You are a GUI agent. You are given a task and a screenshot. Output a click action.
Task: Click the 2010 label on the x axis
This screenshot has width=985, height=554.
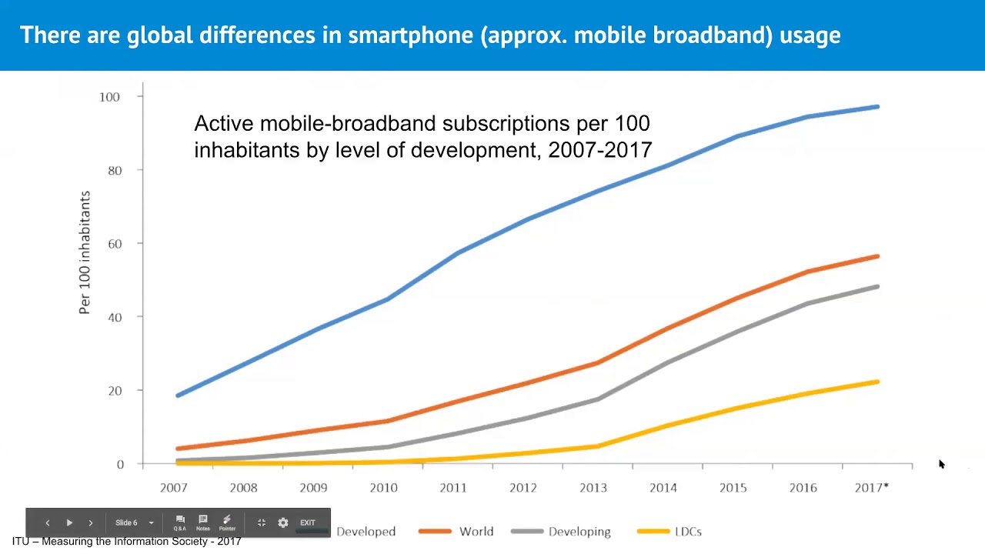tap(383, 488)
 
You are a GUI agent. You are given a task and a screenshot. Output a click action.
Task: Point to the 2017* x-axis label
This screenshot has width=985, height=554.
tap(871, 488)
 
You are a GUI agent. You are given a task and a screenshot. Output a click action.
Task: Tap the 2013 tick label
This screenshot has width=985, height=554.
tap(593, 488)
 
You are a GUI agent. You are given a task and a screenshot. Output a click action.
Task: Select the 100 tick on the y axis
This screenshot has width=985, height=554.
tap(109, 97)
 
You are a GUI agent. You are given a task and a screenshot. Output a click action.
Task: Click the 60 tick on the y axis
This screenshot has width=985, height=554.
tap(114, 244)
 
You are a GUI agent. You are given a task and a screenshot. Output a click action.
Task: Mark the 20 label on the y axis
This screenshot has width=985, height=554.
tap(114, 391)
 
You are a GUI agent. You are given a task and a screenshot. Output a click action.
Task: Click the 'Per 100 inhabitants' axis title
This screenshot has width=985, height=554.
tap(85, 252)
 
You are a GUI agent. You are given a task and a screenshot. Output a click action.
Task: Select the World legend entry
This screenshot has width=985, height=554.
tap(476, 532)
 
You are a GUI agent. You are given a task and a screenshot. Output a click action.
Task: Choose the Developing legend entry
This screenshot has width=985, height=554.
tap(579, 532)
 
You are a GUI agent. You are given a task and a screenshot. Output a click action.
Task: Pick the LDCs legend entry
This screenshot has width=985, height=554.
tap(687, 532)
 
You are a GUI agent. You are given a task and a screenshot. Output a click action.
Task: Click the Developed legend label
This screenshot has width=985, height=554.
tap(366, 532)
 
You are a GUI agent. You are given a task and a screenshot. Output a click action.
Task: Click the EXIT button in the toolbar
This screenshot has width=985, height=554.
tap(307, 523)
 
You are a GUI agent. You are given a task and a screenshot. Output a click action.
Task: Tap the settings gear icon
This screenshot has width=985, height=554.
tap(282, 523)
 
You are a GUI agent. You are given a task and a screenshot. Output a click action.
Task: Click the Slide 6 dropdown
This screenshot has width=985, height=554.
tap(134, 523)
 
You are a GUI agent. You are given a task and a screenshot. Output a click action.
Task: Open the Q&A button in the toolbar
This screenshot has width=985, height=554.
tap(179, 523)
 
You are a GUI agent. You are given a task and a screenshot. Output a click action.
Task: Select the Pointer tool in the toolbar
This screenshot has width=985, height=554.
tap(227, 523)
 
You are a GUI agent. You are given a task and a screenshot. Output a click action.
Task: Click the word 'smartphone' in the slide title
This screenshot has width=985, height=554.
tap(412, 35)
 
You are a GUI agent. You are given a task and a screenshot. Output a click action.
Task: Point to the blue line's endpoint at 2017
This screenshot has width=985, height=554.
tap(877, 107)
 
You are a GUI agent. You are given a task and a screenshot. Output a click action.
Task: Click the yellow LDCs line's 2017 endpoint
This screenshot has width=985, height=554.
tap(877, 382)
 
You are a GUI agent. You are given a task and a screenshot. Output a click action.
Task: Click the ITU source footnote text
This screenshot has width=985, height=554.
tap(126, 542)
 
